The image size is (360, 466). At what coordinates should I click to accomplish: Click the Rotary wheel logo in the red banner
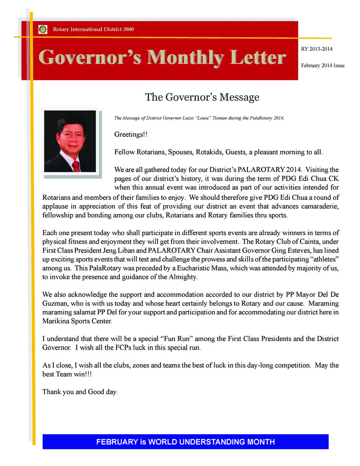click(42, 29)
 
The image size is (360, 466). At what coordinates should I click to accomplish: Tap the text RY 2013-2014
click(316, 49)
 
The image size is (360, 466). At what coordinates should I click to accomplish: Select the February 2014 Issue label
click(323, 66)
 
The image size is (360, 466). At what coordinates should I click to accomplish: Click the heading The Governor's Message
click(202, 97)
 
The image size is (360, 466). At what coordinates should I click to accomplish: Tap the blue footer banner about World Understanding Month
click(186, 442)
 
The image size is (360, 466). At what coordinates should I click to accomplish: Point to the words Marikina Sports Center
click(78, 321)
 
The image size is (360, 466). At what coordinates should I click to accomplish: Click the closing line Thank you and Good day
click(80, 392)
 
